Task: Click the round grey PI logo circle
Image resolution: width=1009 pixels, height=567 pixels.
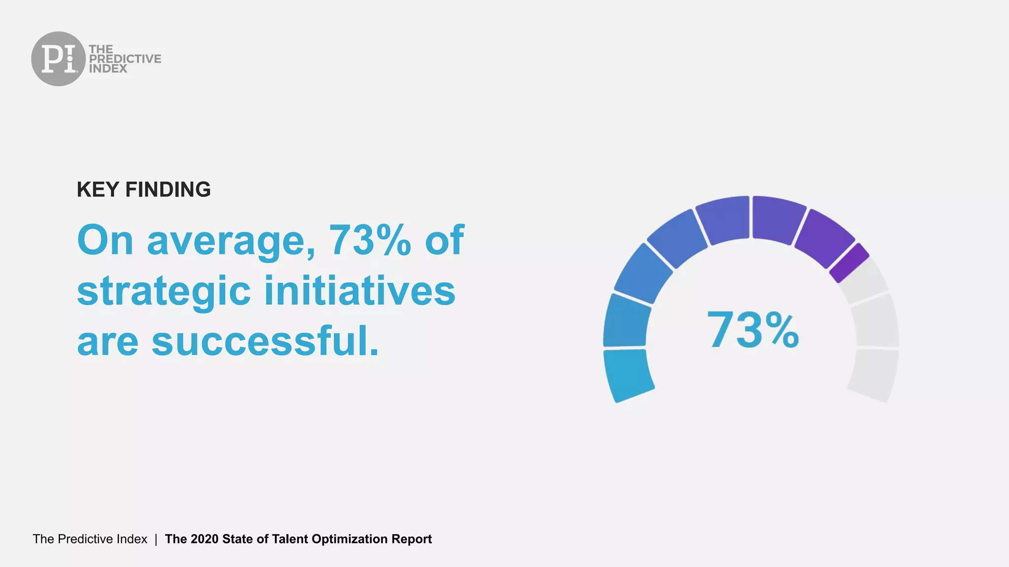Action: pos(58,59)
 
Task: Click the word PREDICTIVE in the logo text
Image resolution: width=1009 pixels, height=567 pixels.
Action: pos(125,59)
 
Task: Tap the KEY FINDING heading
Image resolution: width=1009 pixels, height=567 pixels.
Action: pos(143,189)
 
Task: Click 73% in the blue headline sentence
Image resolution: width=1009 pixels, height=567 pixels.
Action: pos(370,240)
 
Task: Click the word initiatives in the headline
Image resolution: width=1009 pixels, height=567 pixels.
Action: pos(360,291)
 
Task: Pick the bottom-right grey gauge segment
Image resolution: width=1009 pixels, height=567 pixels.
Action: pos(874,374)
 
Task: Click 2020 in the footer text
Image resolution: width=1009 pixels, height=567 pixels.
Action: pos(204,539)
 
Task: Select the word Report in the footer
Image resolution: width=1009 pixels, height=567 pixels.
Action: pos(411,539)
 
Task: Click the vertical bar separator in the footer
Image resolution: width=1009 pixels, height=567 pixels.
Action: pos(156,539)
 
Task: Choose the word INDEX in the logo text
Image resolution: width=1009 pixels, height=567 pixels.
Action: pos(108,69)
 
